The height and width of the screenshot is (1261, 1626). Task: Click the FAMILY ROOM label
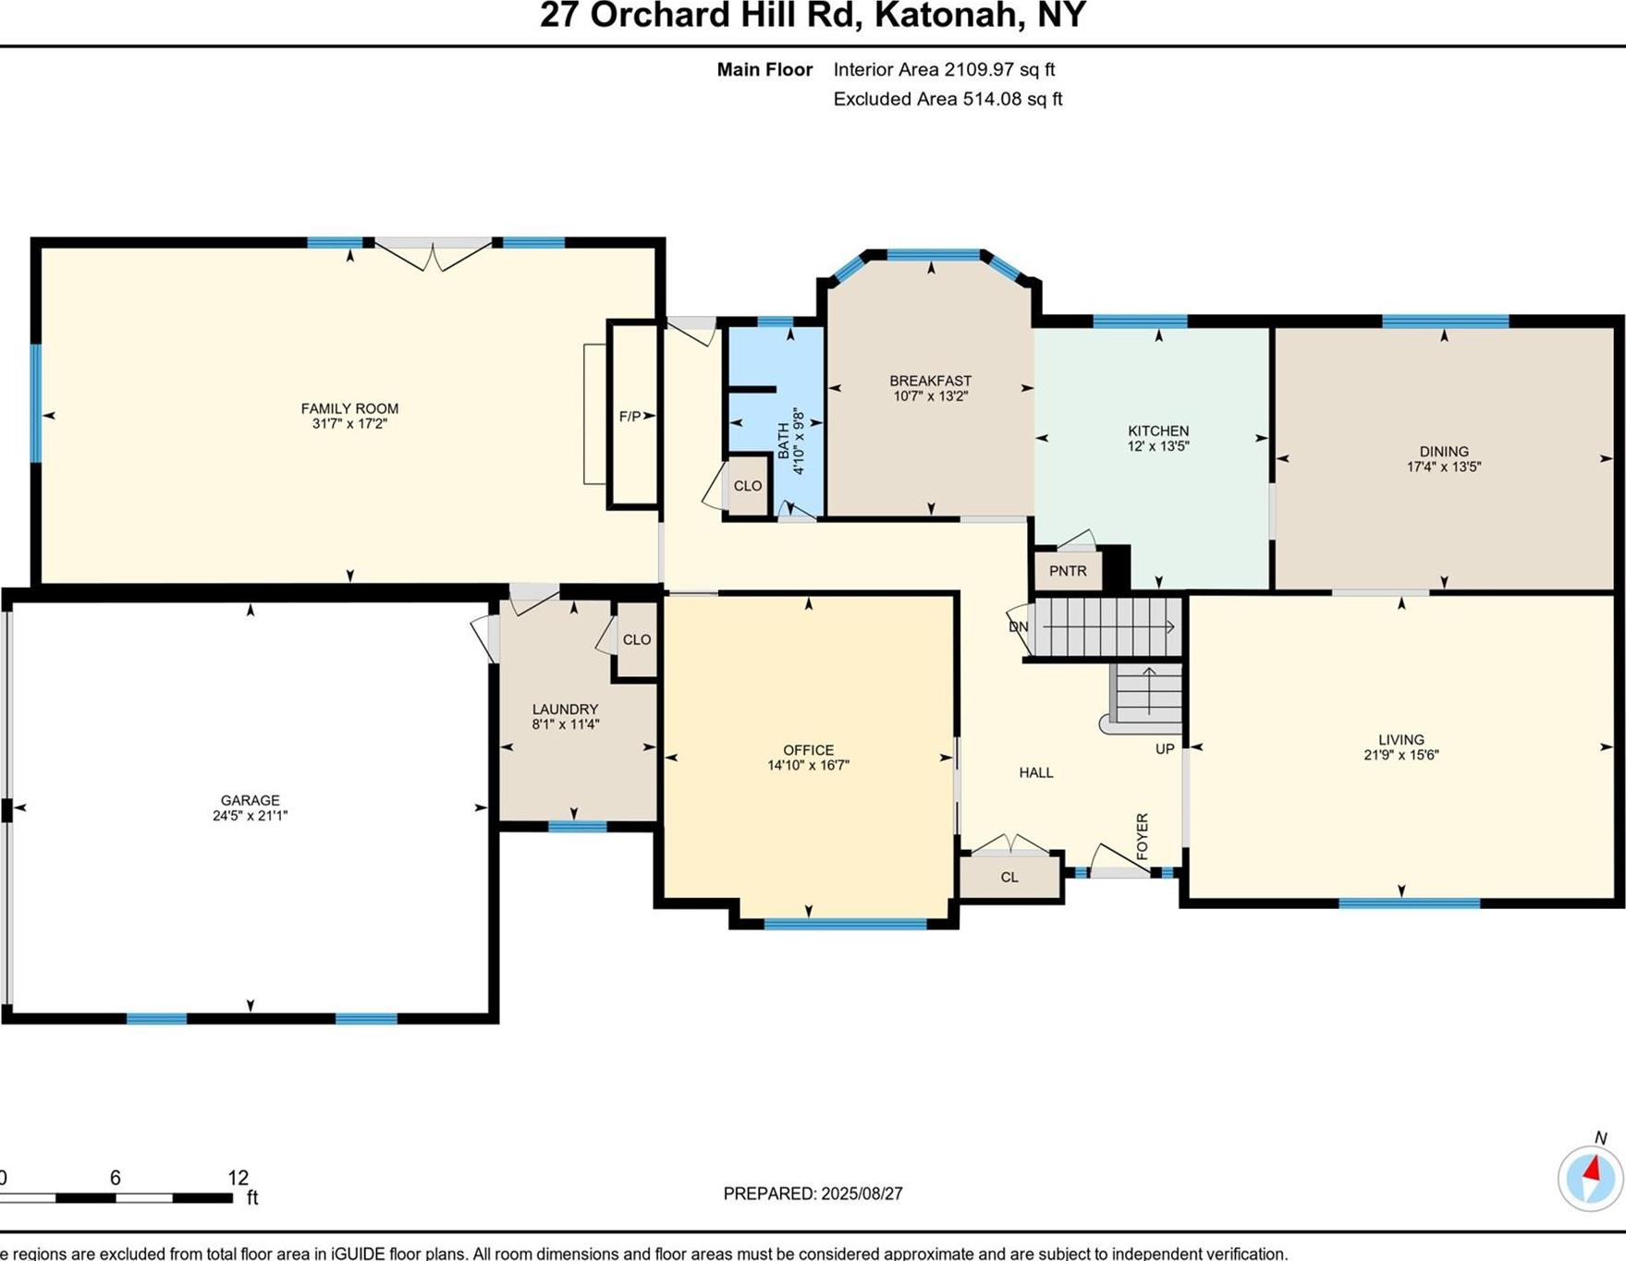click(349, 408)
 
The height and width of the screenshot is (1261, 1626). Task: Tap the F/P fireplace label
click(630, 417)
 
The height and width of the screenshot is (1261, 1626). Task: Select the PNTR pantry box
click(1068, 571)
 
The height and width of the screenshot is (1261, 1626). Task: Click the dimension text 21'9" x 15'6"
click(1400, 755)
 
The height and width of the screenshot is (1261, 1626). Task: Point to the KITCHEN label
click(1157, 430)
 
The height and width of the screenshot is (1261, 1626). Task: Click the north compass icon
click(1590, 1178)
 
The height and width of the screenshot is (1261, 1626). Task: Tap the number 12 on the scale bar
click(238, 1178)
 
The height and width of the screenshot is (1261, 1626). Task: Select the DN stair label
click(1019, 626)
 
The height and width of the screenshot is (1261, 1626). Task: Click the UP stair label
click(1164, 748)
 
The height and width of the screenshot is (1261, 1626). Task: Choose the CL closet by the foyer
click(1009, 877)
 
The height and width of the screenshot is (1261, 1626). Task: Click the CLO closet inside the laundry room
click(636, 639)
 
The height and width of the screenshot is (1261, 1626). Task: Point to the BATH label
click(784, 442)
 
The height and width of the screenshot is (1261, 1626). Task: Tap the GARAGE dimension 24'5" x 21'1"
click(250, 816)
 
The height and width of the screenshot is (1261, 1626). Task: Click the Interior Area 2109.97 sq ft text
click(943, 69)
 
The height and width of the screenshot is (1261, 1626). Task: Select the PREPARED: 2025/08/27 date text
click(813, 1194)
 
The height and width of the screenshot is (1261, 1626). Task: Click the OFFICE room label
click(808, 750)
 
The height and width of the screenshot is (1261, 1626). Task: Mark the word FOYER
click(1143, 836)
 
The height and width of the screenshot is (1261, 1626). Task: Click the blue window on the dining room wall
click(1445, 321)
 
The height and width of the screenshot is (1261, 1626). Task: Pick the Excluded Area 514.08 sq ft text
click(947, 99)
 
